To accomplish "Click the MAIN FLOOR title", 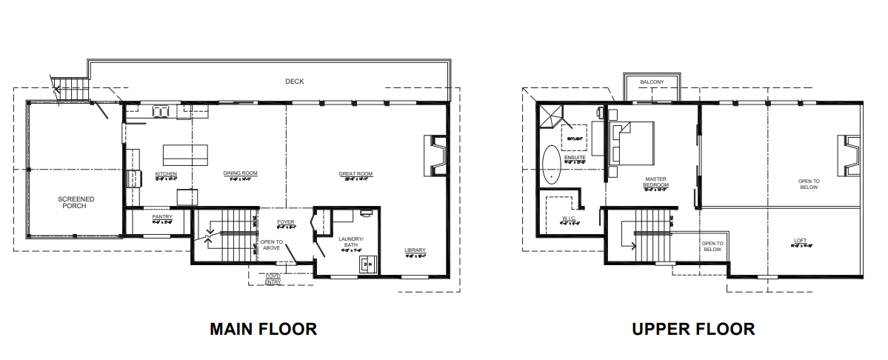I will click(x=263, y=328).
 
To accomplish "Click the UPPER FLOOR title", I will click(x=693, y=328).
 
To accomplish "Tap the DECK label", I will click(x=295, y=81).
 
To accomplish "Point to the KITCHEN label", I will click(x=166, y=174).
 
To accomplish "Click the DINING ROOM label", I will click(x=240, y=174).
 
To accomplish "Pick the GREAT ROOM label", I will click(x=355, y=175).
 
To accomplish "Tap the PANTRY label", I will click(x=162, y=217).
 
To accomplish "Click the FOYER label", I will click(x=286, y=222).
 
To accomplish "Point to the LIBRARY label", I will click(x=415, y=250).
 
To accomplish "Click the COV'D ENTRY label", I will click(x=273, y=279).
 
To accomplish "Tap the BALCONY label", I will click(x=652, y=81).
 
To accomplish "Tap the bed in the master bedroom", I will click(x=635, y=143).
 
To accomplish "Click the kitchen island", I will click(x=185, y=153).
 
